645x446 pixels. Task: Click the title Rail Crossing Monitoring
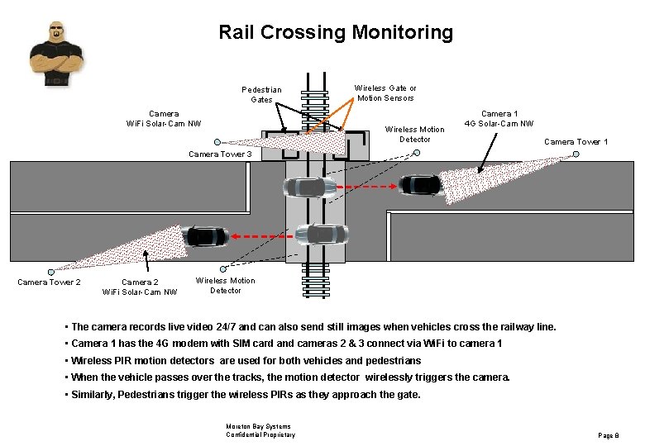336,32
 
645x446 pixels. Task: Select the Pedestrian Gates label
261,94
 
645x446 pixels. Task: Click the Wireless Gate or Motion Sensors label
385,93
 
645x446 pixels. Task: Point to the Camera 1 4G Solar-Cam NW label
499,119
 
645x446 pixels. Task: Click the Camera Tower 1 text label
576,142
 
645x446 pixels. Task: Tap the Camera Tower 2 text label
49,282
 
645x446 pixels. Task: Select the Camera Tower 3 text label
220,154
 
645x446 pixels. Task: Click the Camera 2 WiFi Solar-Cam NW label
139,287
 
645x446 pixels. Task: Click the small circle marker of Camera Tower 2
51,271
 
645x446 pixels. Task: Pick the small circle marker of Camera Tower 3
217,141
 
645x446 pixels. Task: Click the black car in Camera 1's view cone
421,185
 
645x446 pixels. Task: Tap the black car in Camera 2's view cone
206,236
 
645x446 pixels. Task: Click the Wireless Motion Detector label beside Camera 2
225,285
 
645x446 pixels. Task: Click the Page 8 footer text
607,434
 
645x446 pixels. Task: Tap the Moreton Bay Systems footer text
258,427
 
